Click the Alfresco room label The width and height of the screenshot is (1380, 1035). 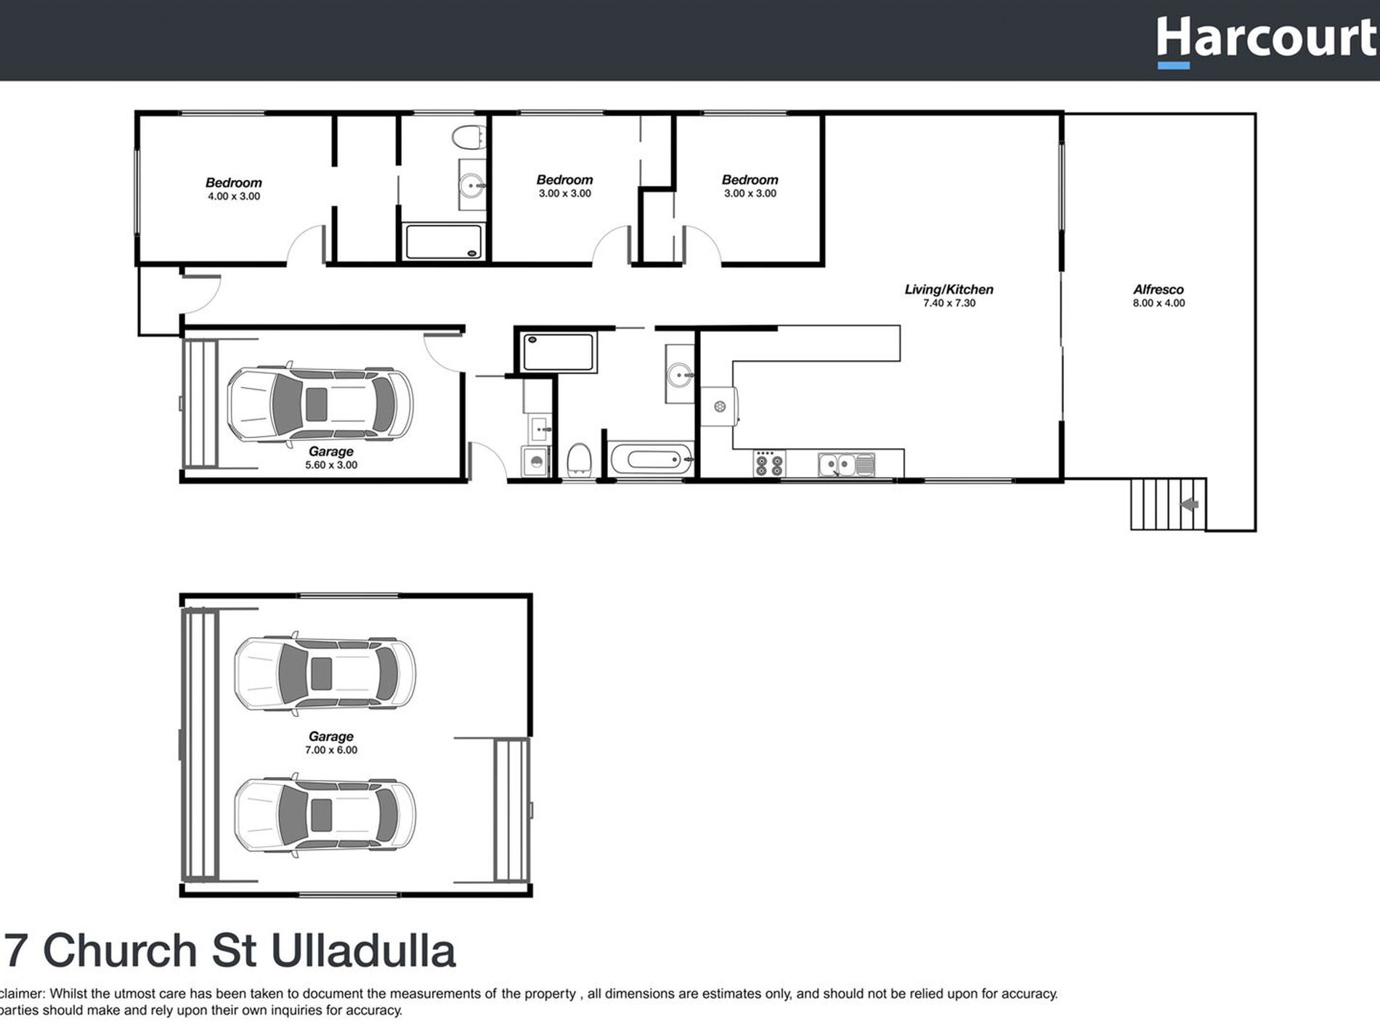tap(1158, 289)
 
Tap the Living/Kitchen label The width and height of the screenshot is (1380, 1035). tap(949, 289)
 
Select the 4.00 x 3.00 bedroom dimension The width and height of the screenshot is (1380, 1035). tap(233, 196)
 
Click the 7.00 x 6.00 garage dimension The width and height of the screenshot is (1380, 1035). tap(330, 750)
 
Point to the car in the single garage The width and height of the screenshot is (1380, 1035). tap(320, 404)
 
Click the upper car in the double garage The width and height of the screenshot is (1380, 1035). tap(325, 673)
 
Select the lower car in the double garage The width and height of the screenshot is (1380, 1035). tap(325, 815)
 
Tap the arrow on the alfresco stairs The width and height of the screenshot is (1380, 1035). tap(1189, 504)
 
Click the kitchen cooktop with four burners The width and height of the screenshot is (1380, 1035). tap(768, 463)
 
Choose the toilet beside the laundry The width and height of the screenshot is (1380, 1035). tap(579, 460)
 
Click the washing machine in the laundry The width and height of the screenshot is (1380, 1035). tap(535, 462)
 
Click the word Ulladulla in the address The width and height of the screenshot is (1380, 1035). tap(363, 951)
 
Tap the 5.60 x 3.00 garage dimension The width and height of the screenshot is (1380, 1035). tap(330, 465)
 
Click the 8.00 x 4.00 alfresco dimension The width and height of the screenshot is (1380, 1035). tap(1158, 303)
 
